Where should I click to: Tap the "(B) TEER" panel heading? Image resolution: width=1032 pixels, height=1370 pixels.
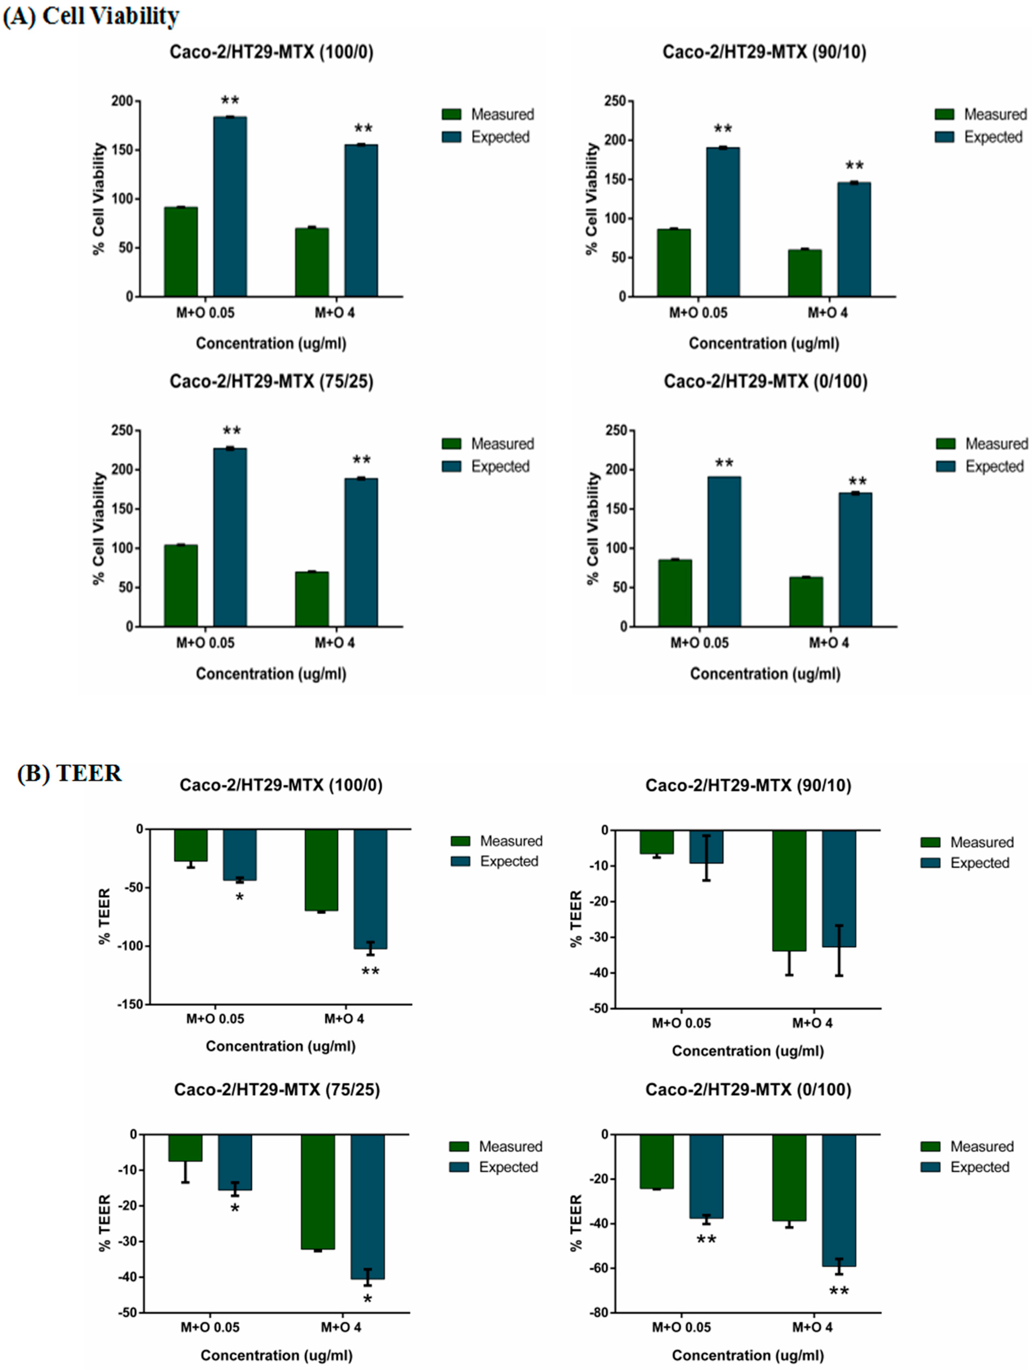(x=69, y=773)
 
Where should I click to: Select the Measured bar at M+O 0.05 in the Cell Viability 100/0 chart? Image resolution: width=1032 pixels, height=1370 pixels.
(x=181, y=252)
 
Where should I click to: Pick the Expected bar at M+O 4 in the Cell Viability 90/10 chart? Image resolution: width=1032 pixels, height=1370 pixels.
(x=854, y=240)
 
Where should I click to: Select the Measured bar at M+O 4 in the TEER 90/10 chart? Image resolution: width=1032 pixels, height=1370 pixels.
(x=789, y=890)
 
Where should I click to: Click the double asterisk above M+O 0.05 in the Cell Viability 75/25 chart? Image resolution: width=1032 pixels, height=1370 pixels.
(x=231, y=431)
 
